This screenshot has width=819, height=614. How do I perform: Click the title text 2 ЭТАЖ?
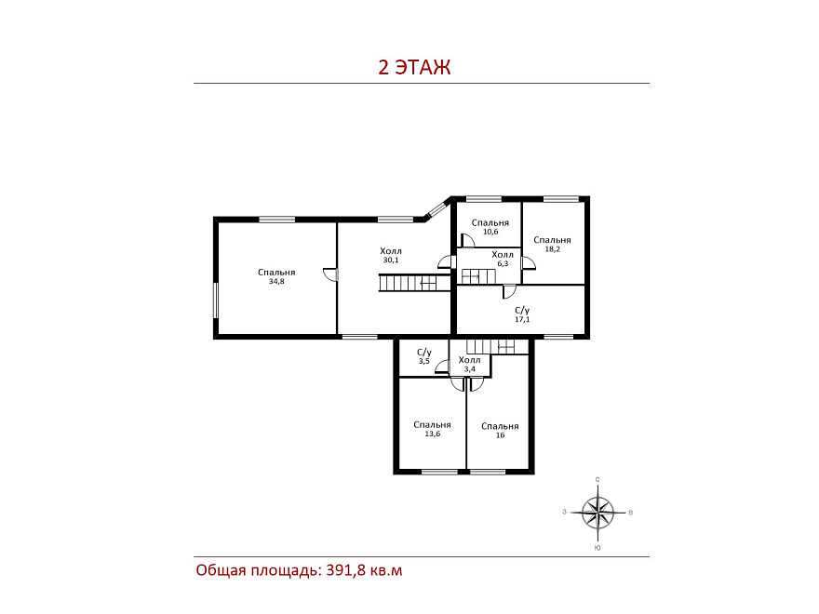click(414, 67)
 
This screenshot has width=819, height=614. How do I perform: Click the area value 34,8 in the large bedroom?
click(276, 281)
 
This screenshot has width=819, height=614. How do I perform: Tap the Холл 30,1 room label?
click(391, 255)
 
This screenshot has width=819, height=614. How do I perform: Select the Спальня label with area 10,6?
click(490, 227)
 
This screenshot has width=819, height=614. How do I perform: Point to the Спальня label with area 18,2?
click(552, 245)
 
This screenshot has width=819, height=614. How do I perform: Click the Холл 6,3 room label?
click(503, 259)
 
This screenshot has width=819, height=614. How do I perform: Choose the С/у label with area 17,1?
click(522, 314)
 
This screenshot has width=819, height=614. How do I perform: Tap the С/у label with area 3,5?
click(424, 356)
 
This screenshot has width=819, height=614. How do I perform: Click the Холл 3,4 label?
click(470, 365)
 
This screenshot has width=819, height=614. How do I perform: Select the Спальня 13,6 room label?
click(432, 429)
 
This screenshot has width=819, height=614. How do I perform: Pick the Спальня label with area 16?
click(500, 431)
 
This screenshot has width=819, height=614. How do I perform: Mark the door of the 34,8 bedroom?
click(330, 274)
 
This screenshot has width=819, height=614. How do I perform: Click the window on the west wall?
click(215, 300)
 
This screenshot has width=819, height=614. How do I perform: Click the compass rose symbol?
click(598, 513)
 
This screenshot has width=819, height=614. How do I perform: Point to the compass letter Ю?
click(597, 548)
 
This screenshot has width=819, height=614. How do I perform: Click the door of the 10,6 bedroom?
click(467, 240)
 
